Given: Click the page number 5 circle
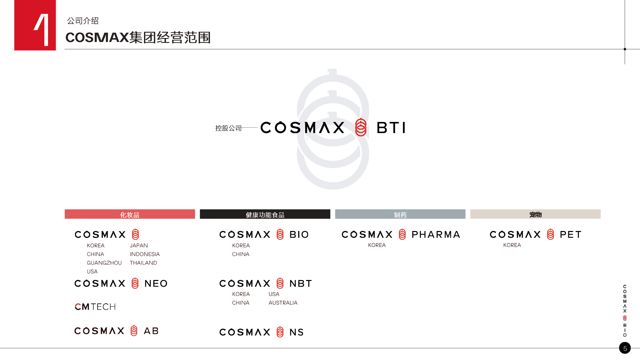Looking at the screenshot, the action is (x=625, y=348).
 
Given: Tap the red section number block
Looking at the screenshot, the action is (x=35, y=25).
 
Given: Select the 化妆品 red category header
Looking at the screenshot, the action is (x=130, y=214).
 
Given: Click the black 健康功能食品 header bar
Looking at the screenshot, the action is (x=265, y=214).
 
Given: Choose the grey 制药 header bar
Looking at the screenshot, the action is (x=400, y=214).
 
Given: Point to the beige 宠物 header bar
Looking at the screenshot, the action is (x=535, y=214).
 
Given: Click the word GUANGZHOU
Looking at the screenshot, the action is (x=104, y=263).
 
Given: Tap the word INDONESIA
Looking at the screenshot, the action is (x=145, y=254).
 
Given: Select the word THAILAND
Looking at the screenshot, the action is (x=143, y=263).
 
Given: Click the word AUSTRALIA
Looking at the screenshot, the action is (x=283, y=303).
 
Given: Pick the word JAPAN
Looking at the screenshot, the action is (x=139, y=246).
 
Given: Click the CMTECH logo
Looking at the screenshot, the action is (x=95, y=307).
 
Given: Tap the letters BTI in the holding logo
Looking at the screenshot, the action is (x=391, y=128).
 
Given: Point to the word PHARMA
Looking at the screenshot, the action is (x=436, y=235).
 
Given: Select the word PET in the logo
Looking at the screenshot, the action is (x=571, y=235).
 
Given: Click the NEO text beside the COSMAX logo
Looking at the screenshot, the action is (x=156, y=284).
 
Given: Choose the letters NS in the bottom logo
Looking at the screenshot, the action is (x=297, y=332).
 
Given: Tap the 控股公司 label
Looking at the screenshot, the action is (x=228, y=128).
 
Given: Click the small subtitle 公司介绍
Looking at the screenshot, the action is (x=83, y=21).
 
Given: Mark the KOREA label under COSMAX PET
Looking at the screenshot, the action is (x=512, y=245).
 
